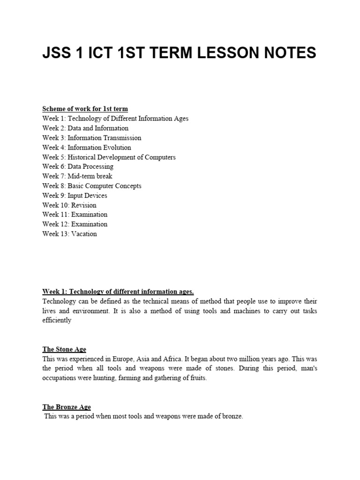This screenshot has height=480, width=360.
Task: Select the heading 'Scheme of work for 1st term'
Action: pos(85,109)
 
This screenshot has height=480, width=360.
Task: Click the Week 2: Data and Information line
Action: pos(85,128)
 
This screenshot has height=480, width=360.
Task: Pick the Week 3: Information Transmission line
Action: pos(91,138)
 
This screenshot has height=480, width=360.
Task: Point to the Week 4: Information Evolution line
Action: pos(87,147)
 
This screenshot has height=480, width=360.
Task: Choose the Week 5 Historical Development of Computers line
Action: pos(109,157)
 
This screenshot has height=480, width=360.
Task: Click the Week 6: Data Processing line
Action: pos(78,166)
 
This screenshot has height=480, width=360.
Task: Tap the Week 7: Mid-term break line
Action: pos(77,176)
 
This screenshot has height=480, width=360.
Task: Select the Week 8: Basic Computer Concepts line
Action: pos(91,186)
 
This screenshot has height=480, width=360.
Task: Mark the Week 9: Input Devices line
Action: pos(75,195)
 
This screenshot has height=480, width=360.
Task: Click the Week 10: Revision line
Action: pos(69,205)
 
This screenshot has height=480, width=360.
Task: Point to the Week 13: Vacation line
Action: pos(69,234)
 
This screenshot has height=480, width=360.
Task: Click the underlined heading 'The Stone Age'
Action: pos(64,349)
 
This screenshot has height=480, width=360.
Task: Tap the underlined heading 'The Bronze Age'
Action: pos(67,407)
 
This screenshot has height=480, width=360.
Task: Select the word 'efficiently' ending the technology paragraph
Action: pos(57,321)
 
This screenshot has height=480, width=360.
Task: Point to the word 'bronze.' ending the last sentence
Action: pos(232,417)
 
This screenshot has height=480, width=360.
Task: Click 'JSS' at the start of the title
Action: pos(57,53)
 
